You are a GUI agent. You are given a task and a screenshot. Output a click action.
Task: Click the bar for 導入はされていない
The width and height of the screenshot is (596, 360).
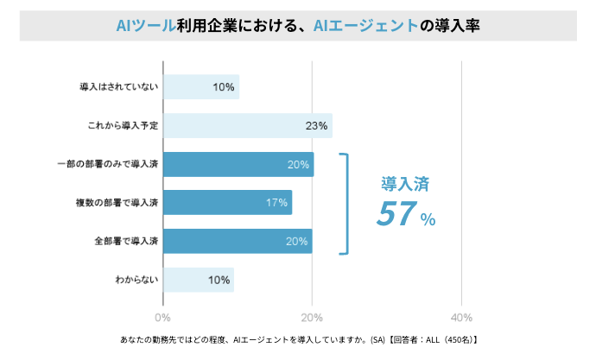[x=200, y=86]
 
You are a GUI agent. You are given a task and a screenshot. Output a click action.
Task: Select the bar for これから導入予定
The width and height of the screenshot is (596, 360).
[x=247, y=125]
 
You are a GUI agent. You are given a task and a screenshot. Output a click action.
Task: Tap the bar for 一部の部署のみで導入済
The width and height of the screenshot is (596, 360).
[x=238, y=164]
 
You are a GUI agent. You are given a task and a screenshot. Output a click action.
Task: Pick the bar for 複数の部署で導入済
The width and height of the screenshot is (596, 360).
[x=227, y=203]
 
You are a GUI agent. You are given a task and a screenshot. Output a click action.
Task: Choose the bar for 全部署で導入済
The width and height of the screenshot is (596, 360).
[x=238, y=241]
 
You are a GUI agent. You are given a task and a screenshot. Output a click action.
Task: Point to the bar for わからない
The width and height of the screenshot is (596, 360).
[x=198, y=280]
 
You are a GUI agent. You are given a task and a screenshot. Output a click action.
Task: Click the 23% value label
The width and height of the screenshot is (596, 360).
[x=316, y=126]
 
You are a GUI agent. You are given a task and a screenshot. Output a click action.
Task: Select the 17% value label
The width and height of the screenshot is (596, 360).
[x=276, y=203]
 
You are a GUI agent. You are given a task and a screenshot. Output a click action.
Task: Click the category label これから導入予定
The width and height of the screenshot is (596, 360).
[x=123, y=126]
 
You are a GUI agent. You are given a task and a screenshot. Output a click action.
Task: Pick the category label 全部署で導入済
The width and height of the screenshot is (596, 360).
[x=126, y=241]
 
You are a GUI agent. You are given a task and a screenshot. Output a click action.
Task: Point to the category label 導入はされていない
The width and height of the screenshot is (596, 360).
[x=118, y=87]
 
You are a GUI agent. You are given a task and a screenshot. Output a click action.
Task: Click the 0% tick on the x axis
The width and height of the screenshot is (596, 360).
[x=162, y=316]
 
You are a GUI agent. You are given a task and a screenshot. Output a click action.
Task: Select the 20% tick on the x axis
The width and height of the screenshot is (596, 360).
[x=312, y=316]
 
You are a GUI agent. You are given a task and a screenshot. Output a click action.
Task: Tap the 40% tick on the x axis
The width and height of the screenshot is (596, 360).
[x=462, y=316]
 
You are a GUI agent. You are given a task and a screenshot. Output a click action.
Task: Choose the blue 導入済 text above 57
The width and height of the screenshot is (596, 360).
[x=405, y=183]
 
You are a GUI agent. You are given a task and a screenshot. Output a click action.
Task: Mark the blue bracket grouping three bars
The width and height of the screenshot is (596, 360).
[x=347, y=204]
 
